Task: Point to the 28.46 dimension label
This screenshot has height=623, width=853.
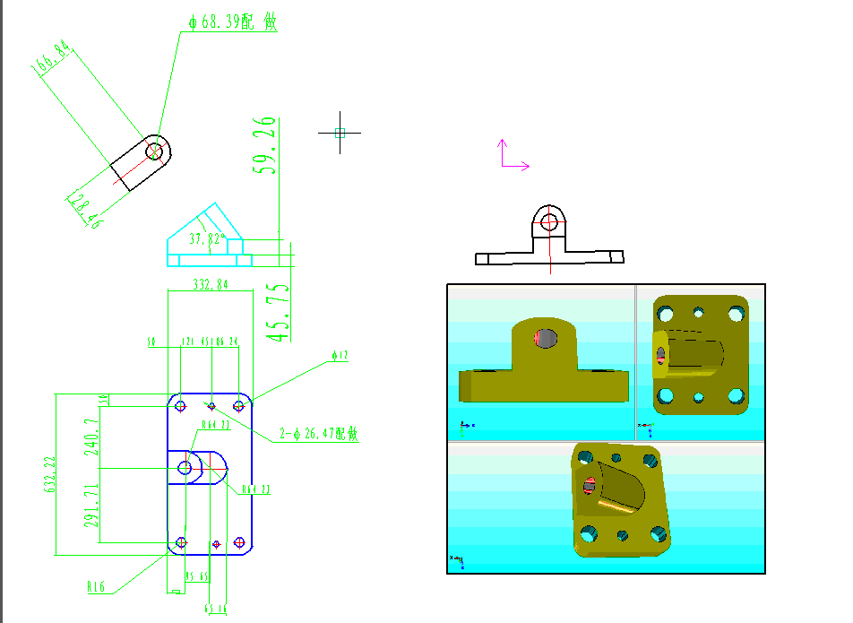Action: [85, 212]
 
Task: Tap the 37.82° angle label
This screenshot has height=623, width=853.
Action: [207, 239]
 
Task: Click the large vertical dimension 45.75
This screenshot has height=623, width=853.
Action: [279, 312]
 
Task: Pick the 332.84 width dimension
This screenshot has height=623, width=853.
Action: [211, 285]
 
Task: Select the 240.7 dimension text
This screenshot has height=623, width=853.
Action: [91, 439]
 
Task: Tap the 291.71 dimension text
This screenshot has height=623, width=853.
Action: [91, 507]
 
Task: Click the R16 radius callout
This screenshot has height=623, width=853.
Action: [96, 587]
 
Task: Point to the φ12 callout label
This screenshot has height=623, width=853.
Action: [340, 356]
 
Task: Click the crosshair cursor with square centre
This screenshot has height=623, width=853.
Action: [340, 133]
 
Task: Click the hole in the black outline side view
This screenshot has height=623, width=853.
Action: [549, 220]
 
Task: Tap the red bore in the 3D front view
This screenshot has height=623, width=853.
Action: [544, 338]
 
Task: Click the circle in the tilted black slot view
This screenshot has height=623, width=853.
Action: [155, 150]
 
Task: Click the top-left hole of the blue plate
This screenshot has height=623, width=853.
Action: [181, 406]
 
